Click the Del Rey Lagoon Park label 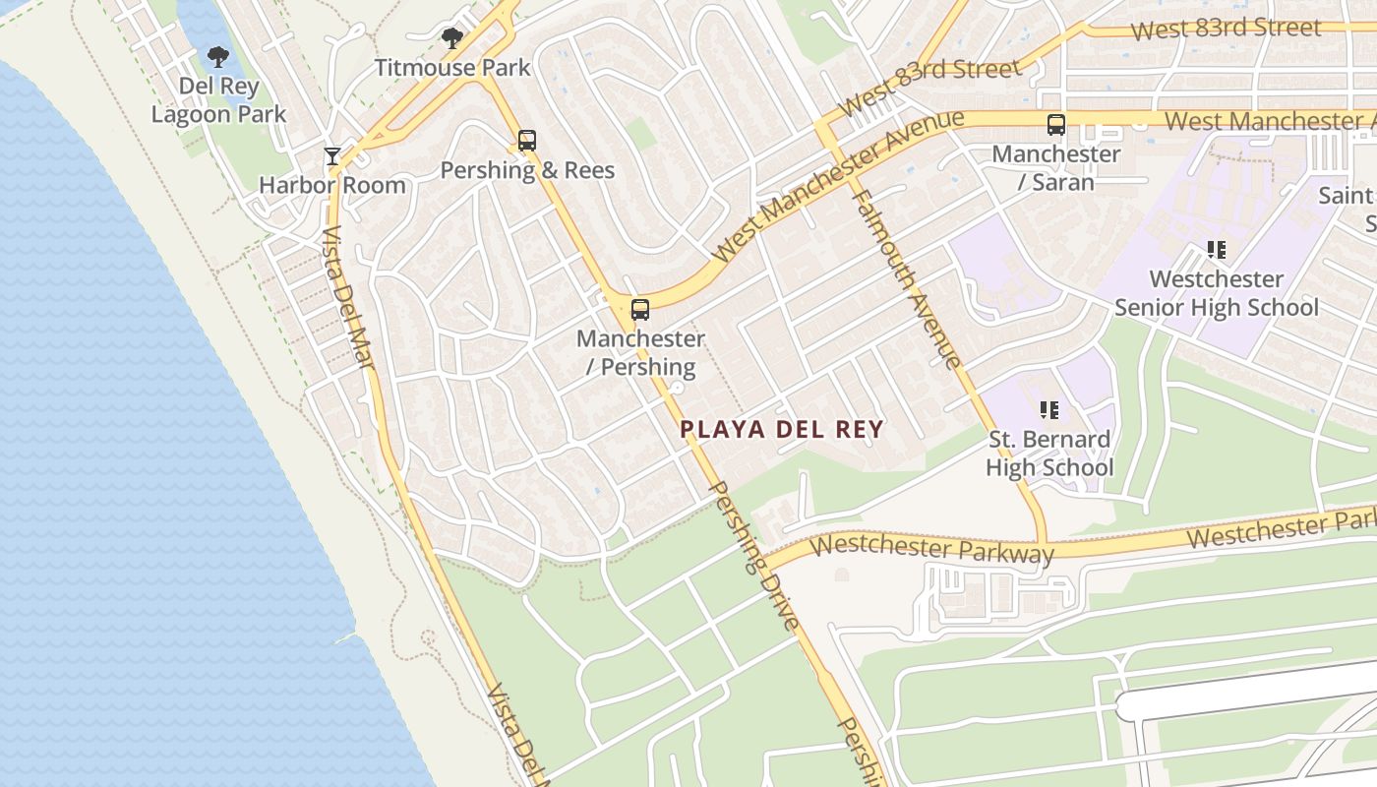[x=218, y=100]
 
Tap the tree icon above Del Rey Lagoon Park [x=218, y=57]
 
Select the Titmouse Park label [x=452, y=68]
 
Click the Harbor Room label [x=332, y=185]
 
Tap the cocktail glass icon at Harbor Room [x=332, y=156]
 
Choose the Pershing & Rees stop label [x=527, y=170]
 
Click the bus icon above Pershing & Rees [x=527, y=141]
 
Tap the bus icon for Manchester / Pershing [x=640, y=310]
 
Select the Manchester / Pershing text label [x=640, y=353]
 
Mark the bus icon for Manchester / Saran [x=1056, y=125]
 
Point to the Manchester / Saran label [x=1056, y=168]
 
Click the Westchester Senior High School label [x=1217, y=293]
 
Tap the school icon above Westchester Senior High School [x=1217, y=250]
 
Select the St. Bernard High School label [x=1049, y=453]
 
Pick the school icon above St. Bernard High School [x=1049, y=409]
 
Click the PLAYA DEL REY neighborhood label [x=782, y=429]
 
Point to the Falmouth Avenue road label [x=907, y=279]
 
